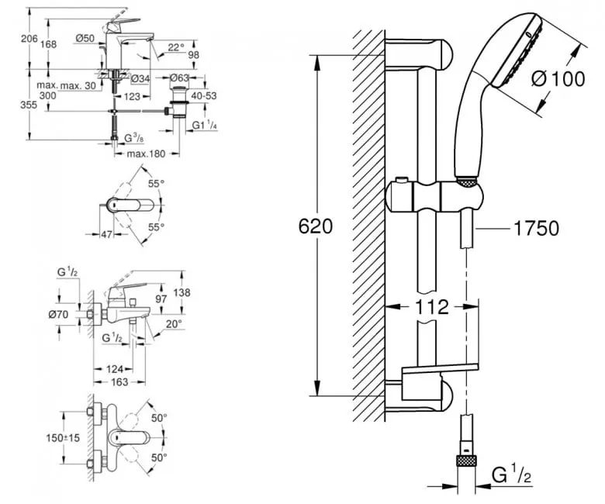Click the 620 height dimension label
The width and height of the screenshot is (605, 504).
coord(315,226)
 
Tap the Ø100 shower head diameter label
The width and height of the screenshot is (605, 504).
coord(558,78)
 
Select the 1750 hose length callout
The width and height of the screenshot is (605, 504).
coord(536,228)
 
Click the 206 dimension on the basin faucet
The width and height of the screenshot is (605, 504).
coord(29,39)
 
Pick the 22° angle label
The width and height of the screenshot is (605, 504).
coord(176,47)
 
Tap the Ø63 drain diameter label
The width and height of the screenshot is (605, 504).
coord(180,78)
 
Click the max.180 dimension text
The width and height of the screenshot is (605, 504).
coord(146,154)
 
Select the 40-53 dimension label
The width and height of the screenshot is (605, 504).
coord(204,96)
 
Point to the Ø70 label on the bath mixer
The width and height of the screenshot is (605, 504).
coord(58,315)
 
